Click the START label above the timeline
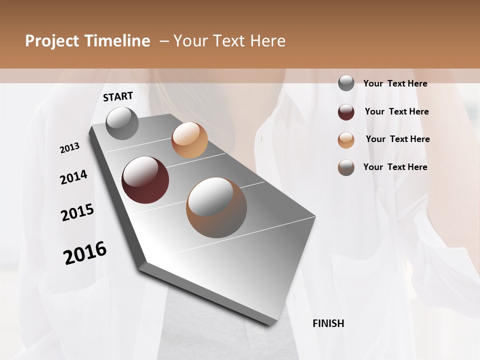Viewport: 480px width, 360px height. (118, 96)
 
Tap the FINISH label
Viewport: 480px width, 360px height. (328, 323)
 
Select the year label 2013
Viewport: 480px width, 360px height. (70, 148)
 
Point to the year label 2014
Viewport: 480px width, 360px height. (74, 177)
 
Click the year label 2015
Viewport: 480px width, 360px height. (77, 213)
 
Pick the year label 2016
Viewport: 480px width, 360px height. (85, 253)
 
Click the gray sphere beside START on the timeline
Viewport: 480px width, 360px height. (122, 123)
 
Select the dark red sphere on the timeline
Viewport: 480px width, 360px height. (145, 180)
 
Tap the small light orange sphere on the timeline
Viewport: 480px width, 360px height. (189, 140)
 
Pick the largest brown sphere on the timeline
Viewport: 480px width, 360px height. (216, 207)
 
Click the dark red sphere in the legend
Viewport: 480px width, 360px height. (346, 112)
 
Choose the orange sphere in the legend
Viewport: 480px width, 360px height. (346, 140)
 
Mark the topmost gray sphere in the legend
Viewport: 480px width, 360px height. (346, 83)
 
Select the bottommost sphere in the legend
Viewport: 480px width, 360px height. (346, 167)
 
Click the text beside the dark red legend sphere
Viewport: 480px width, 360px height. (396, 111)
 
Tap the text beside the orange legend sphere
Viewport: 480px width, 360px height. (397, 139)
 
